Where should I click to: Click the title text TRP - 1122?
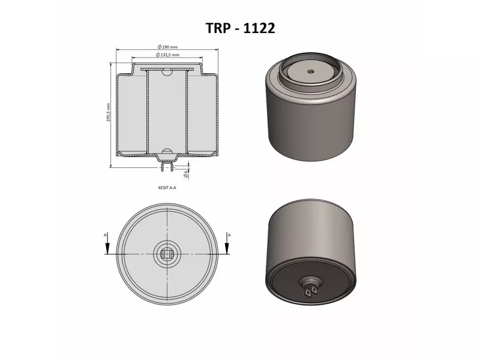240,28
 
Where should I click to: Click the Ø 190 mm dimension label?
167,46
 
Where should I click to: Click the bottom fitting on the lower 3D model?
311,289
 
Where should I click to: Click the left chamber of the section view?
130,114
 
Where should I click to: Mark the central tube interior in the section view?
166,114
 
